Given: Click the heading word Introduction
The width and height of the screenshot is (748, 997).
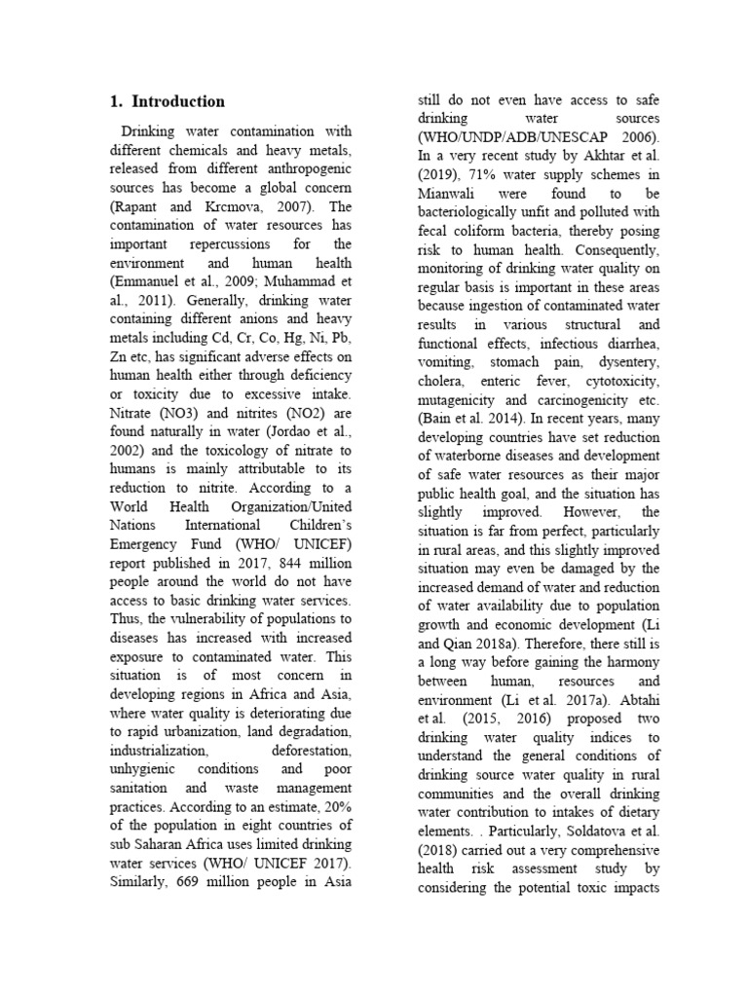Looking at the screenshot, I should [178, 101].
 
